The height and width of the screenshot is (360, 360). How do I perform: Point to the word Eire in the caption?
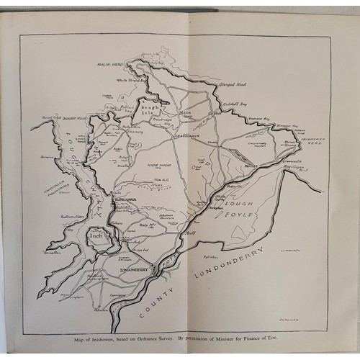(x=293, y=340)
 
